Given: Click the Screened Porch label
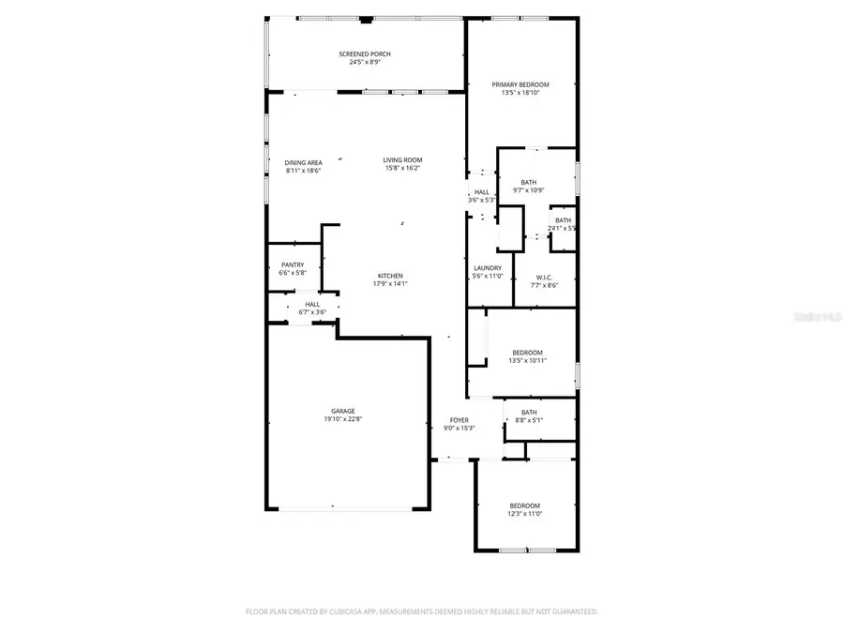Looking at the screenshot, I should [x=365, y=54].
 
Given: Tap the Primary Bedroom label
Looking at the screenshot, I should [x=520, y=84].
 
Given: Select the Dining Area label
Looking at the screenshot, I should [x=303, y=162].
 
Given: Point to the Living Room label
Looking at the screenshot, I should [x=402, y=159].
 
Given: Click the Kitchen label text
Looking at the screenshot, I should [x=390, y=276].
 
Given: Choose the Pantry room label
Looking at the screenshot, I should [x=292, y=264].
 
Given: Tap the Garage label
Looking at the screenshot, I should [x=342, y=411].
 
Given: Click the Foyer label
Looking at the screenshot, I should [x=459, y=420].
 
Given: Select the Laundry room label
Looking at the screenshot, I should [x=488, y=267].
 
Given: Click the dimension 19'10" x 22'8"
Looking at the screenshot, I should [x=342, y=419].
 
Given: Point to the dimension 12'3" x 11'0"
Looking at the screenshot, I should [x=525, y=513].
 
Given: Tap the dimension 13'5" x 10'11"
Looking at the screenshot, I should [x=526, y=361].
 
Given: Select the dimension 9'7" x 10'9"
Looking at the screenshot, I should [x=529, y=190].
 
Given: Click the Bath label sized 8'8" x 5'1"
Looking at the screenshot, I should [x=529, y=412].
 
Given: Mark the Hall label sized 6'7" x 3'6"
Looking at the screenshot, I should [x=312, y=304].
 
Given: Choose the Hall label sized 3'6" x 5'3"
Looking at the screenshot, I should [x=482, y=191].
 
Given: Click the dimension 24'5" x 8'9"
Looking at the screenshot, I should [x=365, y=63].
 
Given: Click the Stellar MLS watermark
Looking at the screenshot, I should [x=818, y=318].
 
